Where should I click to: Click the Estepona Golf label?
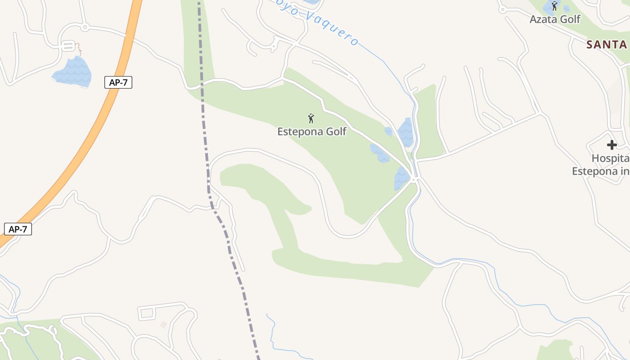point(312,132)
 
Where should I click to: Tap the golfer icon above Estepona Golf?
point(311,119)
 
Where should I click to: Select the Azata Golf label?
point(555,19)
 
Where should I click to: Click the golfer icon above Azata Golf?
point(554,6)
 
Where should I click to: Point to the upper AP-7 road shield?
point(118,82)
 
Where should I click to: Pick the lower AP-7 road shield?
point(18,229)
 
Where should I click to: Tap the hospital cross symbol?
point(612,145)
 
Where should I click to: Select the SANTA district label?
point(607,45)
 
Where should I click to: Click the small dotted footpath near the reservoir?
point(79,49)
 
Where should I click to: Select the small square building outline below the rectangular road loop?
point(163,324)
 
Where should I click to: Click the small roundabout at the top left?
point(85,27)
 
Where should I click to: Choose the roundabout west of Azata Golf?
point(503,9)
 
